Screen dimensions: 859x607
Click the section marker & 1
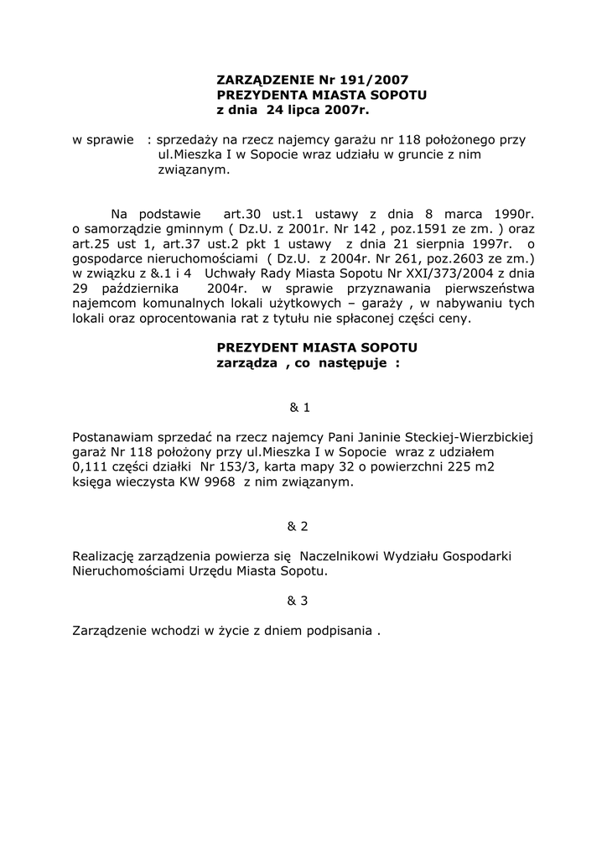coord(299,408)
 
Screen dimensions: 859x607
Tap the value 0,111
coord(91,467)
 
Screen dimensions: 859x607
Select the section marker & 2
coord(298,526)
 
